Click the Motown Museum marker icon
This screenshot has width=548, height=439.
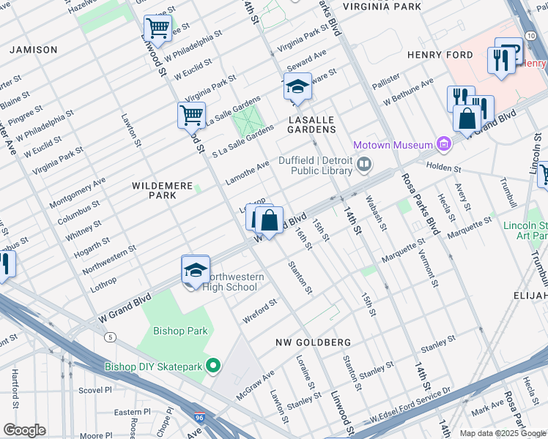click(443, 144)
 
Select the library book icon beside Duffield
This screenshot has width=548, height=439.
click(364, 166)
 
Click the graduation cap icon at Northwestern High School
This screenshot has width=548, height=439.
click(196, 270)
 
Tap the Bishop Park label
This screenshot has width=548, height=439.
click(180, 331)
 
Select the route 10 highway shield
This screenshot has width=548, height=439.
click(530, 35)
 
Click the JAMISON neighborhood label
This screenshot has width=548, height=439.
click(33, 50)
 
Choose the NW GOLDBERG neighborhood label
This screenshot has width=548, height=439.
click(313, 342)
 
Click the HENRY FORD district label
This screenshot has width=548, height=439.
click(439, 55)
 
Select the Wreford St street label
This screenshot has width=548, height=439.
click(260, 311)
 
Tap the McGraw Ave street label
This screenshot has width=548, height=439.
click(255, 384)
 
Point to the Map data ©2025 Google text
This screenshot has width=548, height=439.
click(502, 433)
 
